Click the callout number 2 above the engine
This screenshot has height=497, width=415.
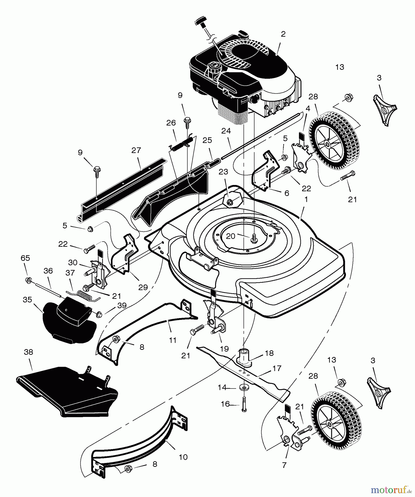pos(283,34)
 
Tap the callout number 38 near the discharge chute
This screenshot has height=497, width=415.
pos(28,352)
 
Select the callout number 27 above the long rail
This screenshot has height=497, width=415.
pos(136,150)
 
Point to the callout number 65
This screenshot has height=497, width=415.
pos(25,258)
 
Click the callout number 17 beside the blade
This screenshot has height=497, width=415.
pos(277,368)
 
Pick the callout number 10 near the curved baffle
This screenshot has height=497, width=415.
pos(183,457)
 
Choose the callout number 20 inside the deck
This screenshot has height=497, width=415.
pos(231,236)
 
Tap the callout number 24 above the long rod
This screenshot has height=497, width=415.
pos(226,131)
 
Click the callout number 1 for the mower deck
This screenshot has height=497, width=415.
pos(306,199)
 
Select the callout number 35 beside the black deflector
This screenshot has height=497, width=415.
pos(27,300)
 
